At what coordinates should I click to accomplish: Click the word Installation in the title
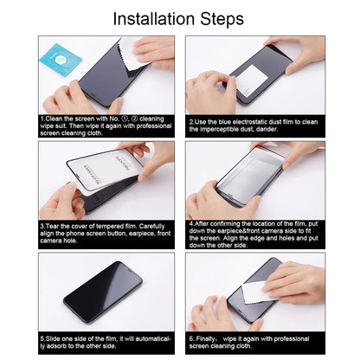(x=154, y=19)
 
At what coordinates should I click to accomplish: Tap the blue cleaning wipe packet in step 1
(x=61, y=60)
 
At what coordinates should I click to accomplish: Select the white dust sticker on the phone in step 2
(x=249, y=80)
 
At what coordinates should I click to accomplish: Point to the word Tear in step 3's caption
(x=53, y=227)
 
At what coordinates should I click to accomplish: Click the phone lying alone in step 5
(x=103, y=292)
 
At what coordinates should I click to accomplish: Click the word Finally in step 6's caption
(x=206, y=339)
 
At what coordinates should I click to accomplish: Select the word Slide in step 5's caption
(x=52, y=339)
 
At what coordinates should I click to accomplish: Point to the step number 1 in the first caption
(x=42, y=119)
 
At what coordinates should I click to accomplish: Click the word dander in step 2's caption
(x=267, y=129)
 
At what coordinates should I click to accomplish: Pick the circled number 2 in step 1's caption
(x=134, y=119)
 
